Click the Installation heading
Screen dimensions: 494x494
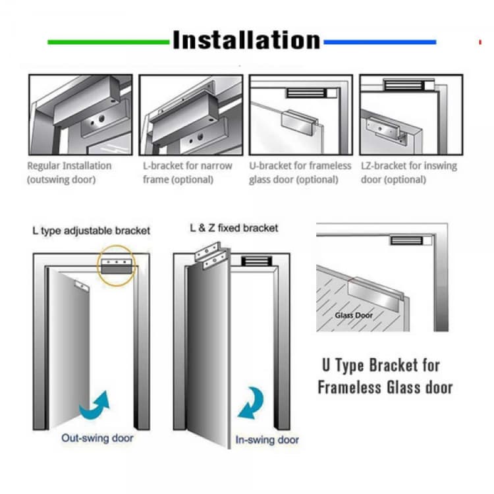(x=246, y=40)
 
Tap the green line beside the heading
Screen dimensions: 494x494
(x=109, y=42)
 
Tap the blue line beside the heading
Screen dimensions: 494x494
(x=380, y=42)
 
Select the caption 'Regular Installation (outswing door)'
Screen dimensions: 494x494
(x=69, y=173)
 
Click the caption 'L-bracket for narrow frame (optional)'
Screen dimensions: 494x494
(x=188, y=173)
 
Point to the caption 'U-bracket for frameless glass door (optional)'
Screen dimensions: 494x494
(x=300, y=173)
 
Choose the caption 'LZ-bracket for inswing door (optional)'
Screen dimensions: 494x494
(x=409, y=173)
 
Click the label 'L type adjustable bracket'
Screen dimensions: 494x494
(x=92, y=231)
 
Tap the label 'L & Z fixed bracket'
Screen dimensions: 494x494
(x=234, y=228)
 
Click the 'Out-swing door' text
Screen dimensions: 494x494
(x=97, y=438)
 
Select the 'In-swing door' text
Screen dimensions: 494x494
(x=267, y=440)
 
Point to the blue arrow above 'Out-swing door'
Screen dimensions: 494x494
(x=94, y=405)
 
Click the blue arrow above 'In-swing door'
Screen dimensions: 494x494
(x=251, y=403)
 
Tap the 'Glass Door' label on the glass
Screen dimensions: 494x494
(x=354, y=315)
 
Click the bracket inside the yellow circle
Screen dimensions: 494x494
(x=117, y=267)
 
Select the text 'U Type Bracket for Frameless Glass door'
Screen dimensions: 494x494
(x=385, y=376)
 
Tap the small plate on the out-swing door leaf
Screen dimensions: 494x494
(x=81, y=285)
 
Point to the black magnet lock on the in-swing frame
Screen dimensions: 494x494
(x=256, y=261)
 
